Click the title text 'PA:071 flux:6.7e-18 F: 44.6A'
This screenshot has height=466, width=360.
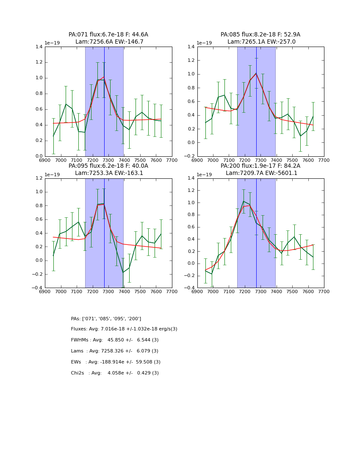pos(108,35)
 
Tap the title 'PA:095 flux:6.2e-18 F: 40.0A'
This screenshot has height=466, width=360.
pos(108,166)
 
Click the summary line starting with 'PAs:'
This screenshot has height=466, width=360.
pos(106,319)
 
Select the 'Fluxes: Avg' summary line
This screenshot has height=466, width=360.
pos(124,329)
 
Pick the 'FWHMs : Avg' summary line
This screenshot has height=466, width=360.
pos(115,340)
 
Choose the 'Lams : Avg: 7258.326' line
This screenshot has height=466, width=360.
pos(115,351)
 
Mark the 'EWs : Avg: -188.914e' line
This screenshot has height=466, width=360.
pos(116,362)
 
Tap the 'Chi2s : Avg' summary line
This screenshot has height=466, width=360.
pos(115,373)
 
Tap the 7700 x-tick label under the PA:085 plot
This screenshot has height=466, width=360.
pos(324,161)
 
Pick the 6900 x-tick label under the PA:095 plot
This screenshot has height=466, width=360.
pos(45,292)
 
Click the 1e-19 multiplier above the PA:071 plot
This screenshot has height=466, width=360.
pos(53,43)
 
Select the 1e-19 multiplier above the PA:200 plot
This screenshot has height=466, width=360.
pos(205,175)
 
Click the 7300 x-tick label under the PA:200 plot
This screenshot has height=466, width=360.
pos(260,292)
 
